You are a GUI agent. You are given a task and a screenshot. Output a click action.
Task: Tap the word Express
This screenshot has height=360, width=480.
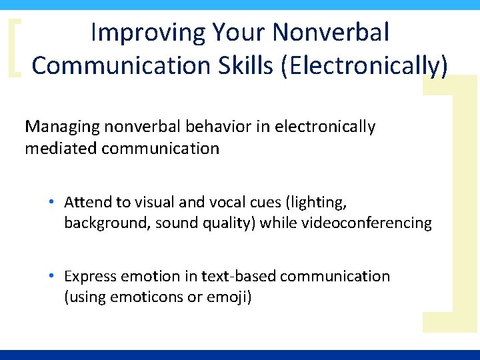(89, 277)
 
